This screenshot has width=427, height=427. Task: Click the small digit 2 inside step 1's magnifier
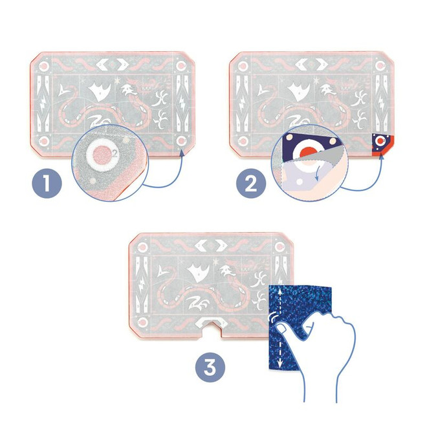114,153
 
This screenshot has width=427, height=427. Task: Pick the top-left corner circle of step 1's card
43,66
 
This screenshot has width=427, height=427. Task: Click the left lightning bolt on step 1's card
43,104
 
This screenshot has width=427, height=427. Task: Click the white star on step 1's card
118,82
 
